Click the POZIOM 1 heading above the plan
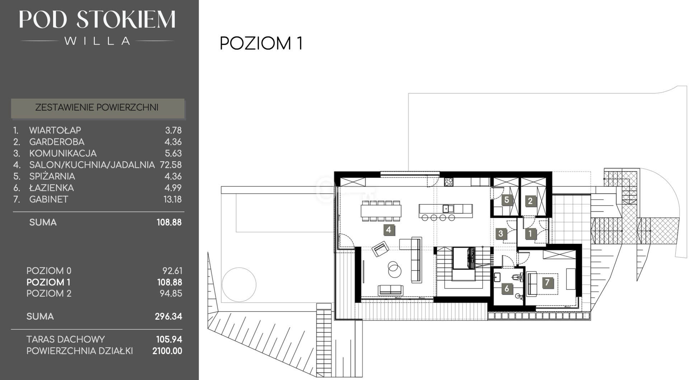(261, 43)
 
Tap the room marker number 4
(389, 230)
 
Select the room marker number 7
(547, 283)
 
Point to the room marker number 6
(507, 288)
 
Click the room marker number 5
(507, 200)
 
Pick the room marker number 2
(530, 201)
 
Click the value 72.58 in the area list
(170, 165)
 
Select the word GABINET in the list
(48, 199)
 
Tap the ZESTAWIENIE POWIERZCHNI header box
(98, 108)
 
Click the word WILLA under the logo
(97, 41)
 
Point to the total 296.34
(168, 316)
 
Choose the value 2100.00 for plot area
(167, 351)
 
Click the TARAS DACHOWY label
(66, 339)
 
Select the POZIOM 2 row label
(49, 293)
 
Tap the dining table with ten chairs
(381, 210)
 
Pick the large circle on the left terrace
(239, 285)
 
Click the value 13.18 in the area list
(173, 199)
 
